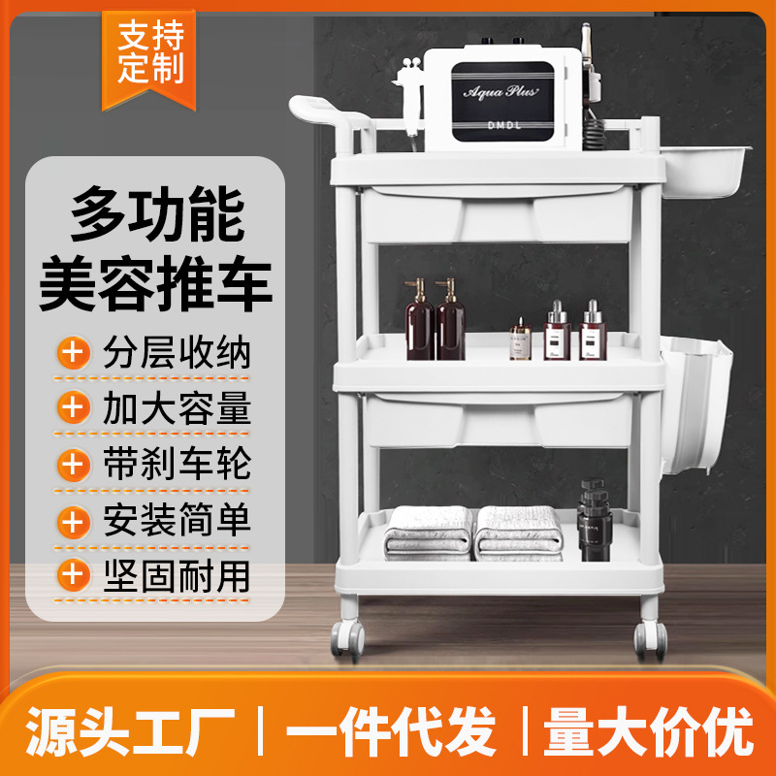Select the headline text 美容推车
(155, 282)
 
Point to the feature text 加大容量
(177, 408)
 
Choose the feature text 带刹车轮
(177, 464)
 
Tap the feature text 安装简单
(177, 520)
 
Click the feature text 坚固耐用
(177, 575)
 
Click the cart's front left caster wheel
(346, 639)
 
